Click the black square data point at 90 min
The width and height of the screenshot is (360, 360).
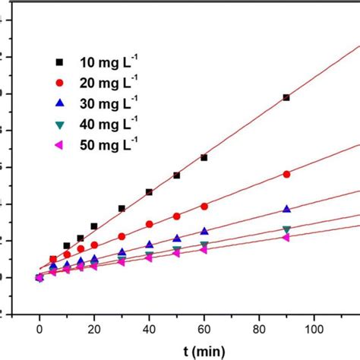point(286,97)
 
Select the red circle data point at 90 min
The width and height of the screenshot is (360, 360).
point(286,174)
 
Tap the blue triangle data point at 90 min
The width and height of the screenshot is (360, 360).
point(286,209)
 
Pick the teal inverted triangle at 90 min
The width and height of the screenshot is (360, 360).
point(286,229)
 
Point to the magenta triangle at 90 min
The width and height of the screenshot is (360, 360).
point(286,238)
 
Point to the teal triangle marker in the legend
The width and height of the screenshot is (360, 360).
point(69,123)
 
